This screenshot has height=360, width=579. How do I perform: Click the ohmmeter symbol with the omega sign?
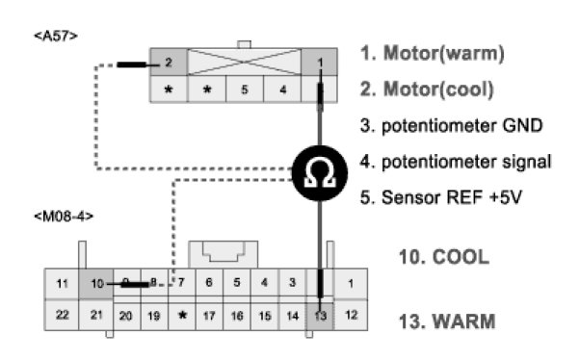320,173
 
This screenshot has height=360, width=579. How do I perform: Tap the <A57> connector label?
56,36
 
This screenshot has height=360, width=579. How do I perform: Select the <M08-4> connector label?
64,217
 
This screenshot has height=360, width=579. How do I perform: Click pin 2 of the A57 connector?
169,62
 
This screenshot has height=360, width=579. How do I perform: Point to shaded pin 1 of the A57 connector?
320,62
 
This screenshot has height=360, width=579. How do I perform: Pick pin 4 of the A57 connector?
282,89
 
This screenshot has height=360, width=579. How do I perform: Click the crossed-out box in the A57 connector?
245,62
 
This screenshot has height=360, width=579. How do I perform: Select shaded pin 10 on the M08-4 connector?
96,283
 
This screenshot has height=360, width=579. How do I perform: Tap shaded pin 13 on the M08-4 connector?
320,316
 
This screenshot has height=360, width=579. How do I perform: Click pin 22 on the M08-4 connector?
62,315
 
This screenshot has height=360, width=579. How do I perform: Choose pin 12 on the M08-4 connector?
351,315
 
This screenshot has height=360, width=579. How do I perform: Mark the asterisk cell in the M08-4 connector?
182,316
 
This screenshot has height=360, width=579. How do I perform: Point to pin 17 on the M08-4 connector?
209,316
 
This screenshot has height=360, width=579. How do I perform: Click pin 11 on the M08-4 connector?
62,283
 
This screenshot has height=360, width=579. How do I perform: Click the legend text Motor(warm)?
444,53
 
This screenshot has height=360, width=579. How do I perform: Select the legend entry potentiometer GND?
451,126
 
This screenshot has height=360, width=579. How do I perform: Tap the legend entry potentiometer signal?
456,162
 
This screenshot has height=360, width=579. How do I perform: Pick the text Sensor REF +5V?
441,197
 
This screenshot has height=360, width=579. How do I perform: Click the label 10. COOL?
444,257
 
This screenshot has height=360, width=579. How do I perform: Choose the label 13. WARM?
447,321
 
